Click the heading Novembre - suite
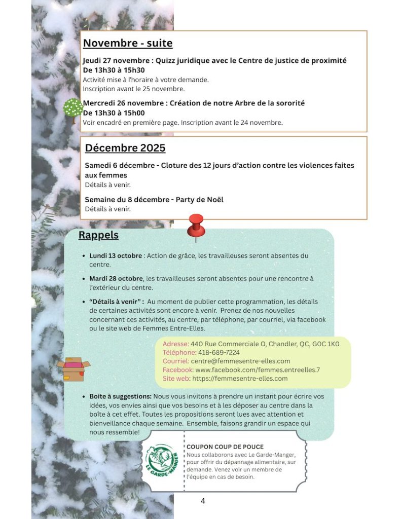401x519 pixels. pos(128,43)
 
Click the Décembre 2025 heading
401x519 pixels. pos(125,148)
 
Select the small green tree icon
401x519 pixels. pos(73,110)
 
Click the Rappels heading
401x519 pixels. pos(98,235)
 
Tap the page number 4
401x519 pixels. pos(203,501)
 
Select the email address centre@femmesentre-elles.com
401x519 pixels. pos(240,361)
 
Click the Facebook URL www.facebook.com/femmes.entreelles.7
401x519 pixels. pos(258,370)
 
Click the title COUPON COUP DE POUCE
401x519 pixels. pos(225,447)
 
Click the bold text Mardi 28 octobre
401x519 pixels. pos(116,279)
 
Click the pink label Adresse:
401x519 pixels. pos(175,344)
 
